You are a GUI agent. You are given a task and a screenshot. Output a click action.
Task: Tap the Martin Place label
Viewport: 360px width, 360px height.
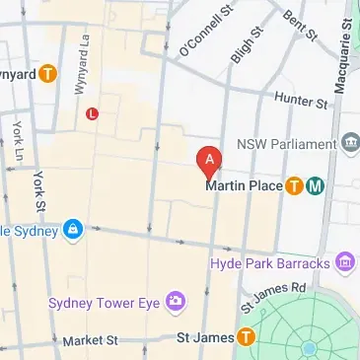click(x=243, y=185)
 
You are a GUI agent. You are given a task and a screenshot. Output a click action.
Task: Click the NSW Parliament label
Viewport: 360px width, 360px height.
click(x=286, y=144)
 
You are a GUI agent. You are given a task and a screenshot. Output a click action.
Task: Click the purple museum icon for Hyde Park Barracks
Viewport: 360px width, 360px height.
click(x=344, y=261)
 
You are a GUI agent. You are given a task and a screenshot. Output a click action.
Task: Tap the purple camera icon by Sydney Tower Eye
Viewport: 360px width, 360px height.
click(x=175, y=299)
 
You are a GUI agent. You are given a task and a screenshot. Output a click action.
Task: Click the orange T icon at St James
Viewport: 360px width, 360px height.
click(x=245, y=338)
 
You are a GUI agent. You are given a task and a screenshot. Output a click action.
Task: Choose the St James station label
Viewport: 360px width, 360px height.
click(x=204, y=338)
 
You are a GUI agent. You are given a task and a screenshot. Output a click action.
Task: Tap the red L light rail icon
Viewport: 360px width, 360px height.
click(x=93, y=113)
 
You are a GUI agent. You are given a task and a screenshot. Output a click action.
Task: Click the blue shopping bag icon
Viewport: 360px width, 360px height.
click(x=72, y=230)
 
